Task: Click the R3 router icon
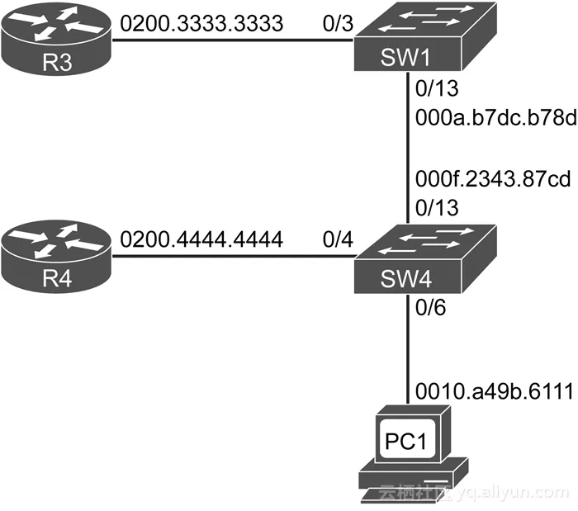click(x=55, y=38)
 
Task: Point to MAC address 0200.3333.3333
click(x=201, y=23)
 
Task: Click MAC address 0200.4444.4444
click(x=201, y=239)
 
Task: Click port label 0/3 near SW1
click(x=339, y=23)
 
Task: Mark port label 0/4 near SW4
click(x=339, y=239)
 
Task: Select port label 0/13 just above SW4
click(x=438, y=208)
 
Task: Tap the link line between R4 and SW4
click(x=231, y=254)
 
